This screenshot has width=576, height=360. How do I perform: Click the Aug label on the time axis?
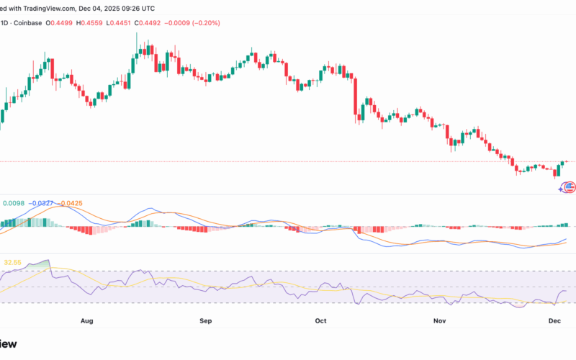click(88, 319)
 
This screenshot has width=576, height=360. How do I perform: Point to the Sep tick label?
click(205, 319)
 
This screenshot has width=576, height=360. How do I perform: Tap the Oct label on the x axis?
click(321, 319)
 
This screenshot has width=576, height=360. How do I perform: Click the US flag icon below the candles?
click(570, 187)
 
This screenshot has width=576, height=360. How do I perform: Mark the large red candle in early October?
click(356, 96)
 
